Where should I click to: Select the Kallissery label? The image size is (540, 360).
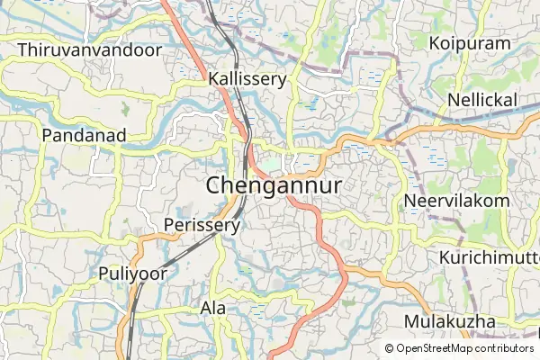pos(247,79)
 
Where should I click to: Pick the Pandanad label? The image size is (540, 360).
pos(83,135)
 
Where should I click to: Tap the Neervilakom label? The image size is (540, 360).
pos(456,200)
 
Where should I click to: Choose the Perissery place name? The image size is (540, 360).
pos(202,225)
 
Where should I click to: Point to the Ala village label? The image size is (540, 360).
pos(213,309)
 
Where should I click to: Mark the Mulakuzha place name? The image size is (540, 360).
pos(450,322)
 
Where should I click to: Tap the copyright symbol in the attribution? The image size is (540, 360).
pos(390,348)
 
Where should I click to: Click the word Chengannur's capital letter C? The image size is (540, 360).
pos(215,185)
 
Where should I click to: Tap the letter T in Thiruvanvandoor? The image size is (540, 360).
pos(22,49)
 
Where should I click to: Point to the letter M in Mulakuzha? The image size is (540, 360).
pos(412,322)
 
